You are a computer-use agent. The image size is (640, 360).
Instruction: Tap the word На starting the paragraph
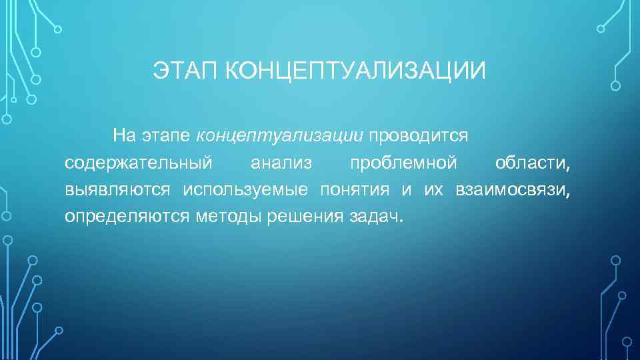[124, 137]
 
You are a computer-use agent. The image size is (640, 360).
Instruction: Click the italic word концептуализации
[280, 137]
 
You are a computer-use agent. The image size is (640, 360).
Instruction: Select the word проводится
[419, 137]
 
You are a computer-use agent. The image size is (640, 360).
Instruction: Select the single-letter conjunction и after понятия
[406, 190]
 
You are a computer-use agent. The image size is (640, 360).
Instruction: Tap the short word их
[433, 190]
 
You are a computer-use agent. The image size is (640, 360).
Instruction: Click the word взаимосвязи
[513, 190]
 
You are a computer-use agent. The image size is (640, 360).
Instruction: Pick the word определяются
[127, 217]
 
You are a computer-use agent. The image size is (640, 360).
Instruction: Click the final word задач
[376, 217]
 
